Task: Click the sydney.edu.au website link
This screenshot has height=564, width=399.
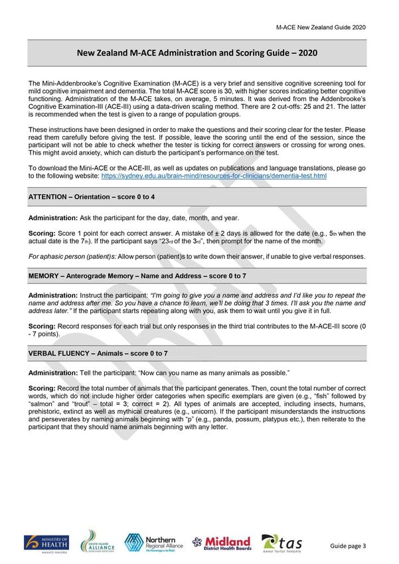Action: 213,176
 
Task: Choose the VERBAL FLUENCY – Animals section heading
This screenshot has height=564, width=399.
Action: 98,353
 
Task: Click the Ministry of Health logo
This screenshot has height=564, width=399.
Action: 47,543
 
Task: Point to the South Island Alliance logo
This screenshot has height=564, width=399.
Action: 98,541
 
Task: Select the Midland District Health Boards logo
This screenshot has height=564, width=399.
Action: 222,543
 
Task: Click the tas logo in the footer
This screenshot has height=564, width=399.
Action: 282,543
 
